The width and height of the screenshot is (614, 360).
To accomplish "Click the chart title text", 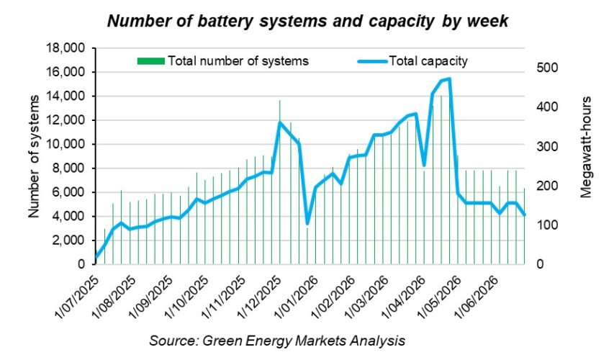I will [307, 22].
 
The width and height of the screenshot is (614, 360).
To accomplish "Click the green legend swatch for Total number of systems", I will [150, 61].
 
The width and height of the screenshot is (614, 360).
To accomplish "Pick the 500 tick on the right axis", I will [543, 68].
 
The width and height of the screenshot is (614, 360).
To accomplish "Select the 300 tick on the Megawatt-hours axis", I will [543, 146].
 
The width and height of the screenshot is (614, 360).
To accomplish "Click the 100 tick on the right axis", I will [543, 225].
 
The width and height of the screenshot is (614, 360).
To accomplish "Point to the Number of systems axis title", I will [34, 156].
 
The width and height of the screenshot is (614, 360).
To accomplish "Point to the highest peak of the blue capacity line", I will [449, 78].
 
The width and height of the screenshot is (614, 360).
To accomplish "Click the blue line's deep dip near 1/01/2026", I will [308, 223].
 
